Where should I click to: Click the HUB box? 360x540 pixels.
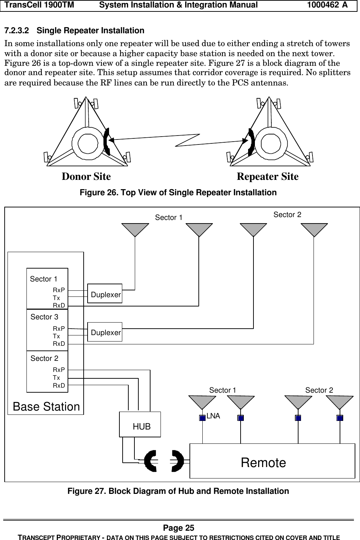pyautogui.click(x=140, y=424)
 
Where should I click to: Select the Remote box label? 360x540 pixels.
pyautogui.click(x=263, y=463)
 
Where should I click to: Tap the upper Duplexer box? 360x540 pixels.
pyautogui.click(x=105, y=293)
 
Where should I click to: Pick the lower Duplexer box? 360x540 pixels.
pyautogui.click(x=105, y=332)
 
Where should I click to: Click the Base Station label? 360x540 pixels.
pyautogui.click(x=46, y=407)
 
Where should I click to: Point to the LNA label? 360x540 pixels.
pyautogui.click(x=213, y=416)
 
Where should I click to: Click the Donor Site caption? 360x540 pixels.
pyautogui.click(x=86, y=176)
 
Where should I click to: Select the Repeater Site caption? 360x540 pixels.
pyautogui.click(x=267, y=176)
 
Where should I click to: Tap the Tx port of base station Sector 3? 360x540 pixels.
pyautogui.click(x=56, y=336)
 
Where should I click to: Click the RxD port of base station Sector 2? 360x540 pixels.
pyautogui.click(x=59, y=386)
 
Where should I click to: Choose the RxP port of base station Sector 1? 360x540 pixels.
pyautogui.click(x=59, y=290)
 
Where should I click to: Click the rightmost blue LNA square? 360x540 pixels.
pyautogui.click(x=340, y=418)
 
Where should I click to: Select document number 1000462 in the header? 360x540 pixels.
pyautogui.click(x=323, y=5)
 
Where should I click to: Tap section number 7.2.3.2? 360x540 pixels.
pyautogui.click(x=17, y=31)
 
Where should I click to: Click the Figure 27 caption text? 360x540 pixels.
pyautogui.click(x=178, y=491)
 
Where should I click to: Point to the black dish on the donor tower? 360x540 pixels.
pyautogui.click(x=107, y=142)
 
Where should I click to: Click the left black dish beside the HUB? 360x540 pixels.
pyautogui.click(x=150, y=461)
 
